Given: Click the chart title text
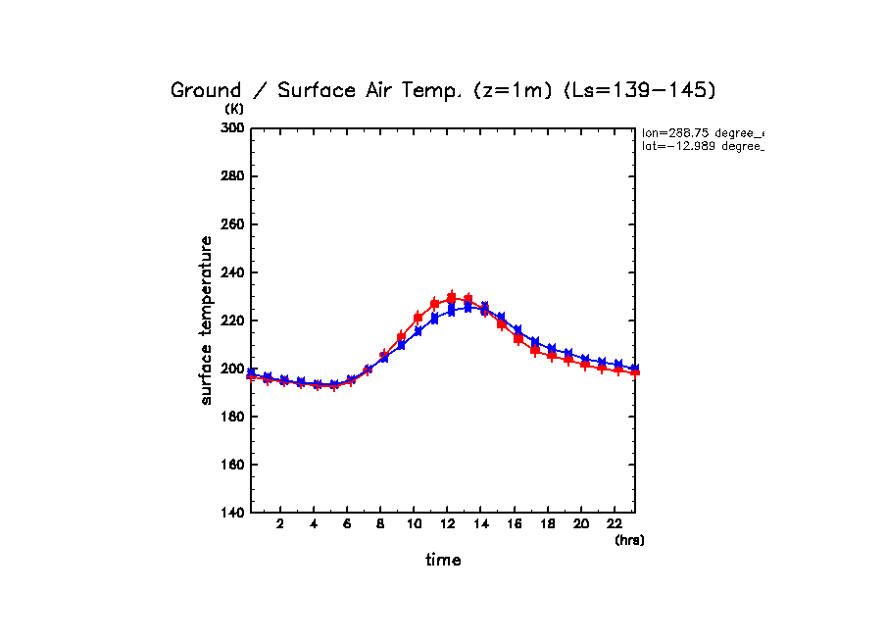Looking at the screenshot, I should [x=443, y=90].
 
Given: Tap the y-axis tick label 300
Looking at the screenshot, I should [x=232, y=128].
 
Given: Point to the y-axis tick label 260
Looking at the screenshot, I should [x=232, y=224].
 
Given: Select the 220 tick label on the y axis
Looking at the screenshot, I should [x=232, y=320].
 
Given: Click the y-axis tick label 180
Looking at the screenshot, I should [x=232, y=417].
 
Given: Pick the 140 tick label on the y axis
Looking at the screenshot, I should [x=232, y=513].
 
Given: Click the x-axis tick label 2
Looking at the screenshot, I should [x=280, y=522].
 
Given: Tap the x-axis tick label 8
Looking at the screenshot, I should [x=381, y=522].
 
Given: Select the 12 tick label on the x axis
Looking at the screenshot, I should [x=448, y=522].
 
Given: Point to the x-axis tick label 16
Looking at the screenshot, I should [x=515, y=522].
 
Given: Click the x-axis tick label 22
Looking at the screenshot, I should [x=615, y=522].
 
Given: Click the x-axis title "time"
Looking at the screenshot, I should [x=443, y=561].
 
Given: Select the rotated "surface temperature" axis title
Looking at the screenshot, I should [x=207, y=320].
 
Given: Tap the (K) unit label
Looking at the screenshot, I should [x=234, y=109].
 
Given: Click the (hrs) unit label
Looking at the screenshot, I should [x=629, y=540].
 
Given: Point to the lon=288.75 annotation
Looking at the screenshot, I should [x=702, y=132].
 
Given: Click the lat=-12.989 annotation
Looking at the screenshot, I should [x=702, y=146].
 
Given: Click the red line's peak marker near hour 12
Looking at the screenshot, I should [x=451, y=298].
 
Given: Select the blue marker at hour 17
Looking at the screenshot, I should [x=535, y=341].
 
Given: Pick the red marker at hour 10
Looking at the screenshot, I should [x=418, y=318].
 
